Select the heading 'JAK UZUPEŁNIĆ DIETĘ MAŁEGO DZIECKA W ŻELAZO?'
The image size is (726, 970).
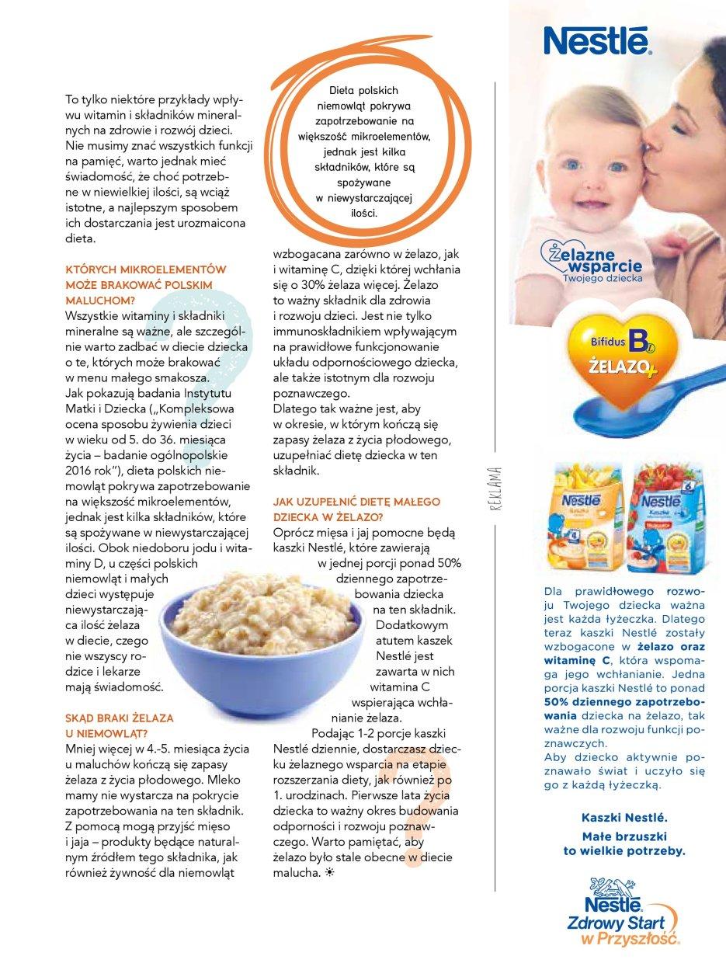356,509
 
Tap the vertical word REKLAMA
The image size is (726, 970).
494,490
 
